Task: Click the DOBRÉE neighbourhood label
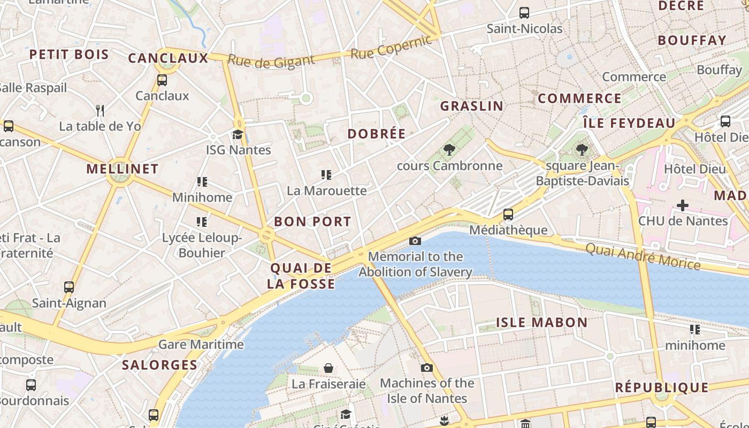377,134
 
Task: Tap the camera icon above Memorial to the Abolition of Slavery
415,241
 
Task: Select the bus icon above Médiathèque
508,215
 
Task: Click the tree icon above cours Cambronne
449,150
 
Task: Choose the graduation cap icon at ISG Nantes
238,134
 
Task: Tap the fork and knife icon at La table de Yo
100,111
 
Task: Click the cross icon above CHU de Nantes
683,205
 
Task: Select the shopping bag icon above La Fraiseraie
328,369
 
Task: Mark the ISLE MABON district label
542,323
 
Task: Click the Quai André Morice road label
643,256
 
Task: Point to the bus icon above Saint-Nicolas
524,13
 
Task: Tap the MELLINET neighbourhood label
123,169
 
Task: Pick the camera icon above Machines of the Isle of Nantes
426,368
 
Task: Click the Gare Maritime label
201,344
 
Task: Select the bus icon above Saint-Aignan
69,287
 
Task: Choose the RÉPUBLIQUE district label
661,387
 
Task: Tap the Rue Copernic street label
391,48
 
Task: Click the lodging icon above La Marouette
326,175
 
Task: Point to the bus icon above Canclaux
162,80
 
